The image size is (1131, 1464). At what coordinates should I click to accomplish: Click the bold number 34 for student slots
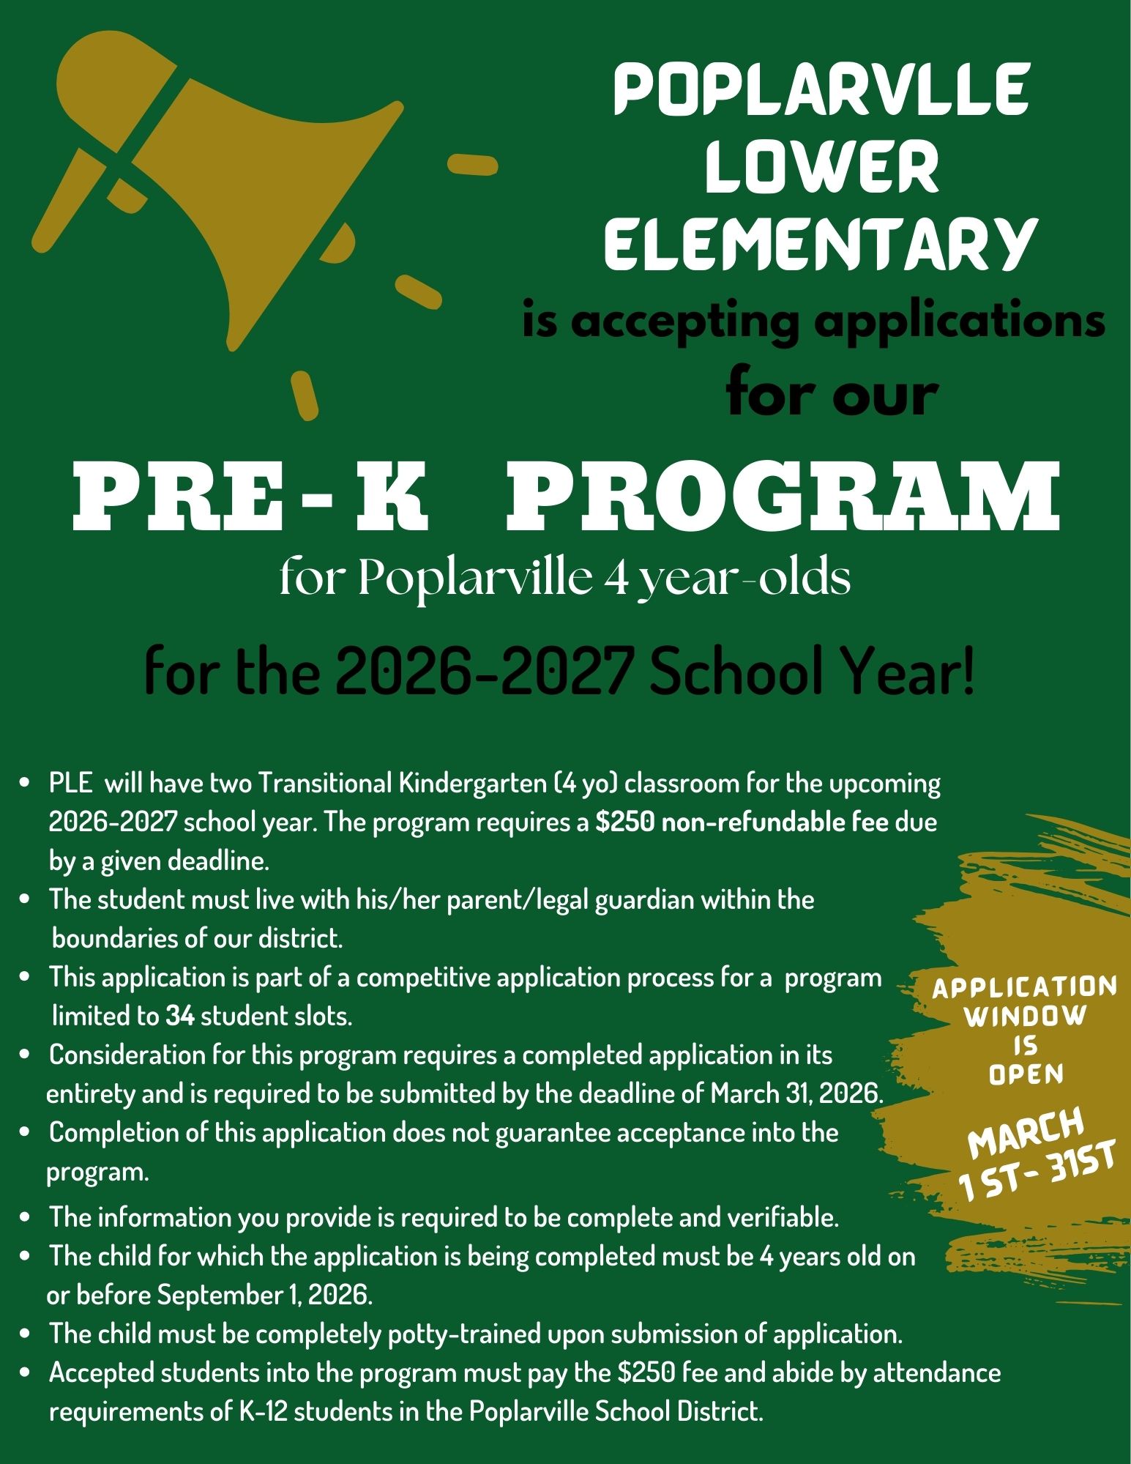pos(179,1017)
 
